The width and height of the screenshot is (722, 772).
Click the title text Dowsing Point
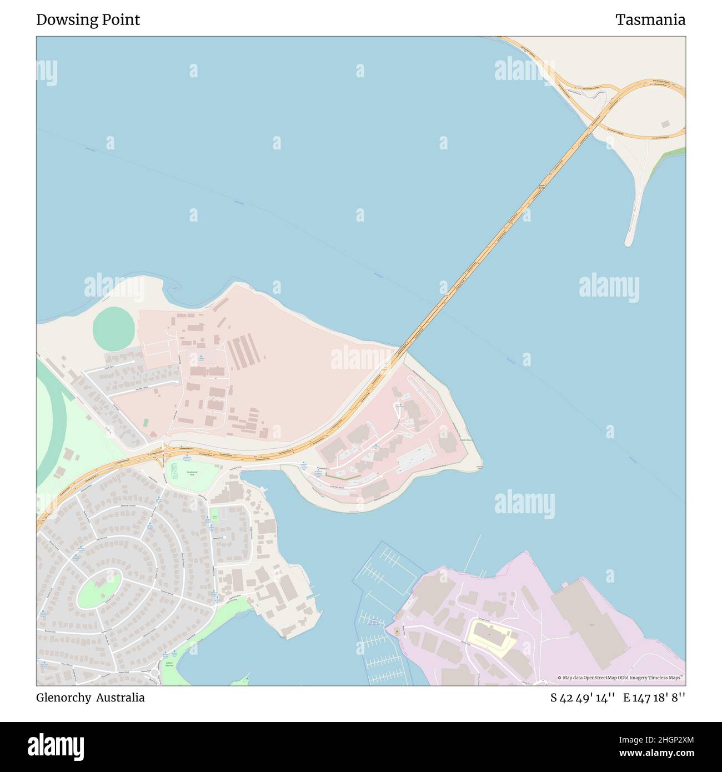pos(88,20)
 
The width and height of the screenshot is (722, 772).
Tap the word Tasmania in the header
pos(650,20)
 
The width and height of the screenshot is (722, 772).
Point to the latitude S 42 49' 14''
pos(582,698)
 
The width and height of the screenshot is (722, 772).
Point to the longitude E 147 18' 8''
pos(654,698)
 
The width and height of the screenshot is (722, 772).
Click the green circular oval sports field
pos(113,328)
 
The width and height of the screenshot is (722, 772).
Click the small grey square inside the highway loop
pos(665,124)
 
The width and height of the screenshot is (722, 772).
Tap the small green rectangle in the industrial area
pos(146,423)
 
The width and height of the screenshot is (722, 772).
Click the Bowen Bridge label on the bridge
pos(541,188)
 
